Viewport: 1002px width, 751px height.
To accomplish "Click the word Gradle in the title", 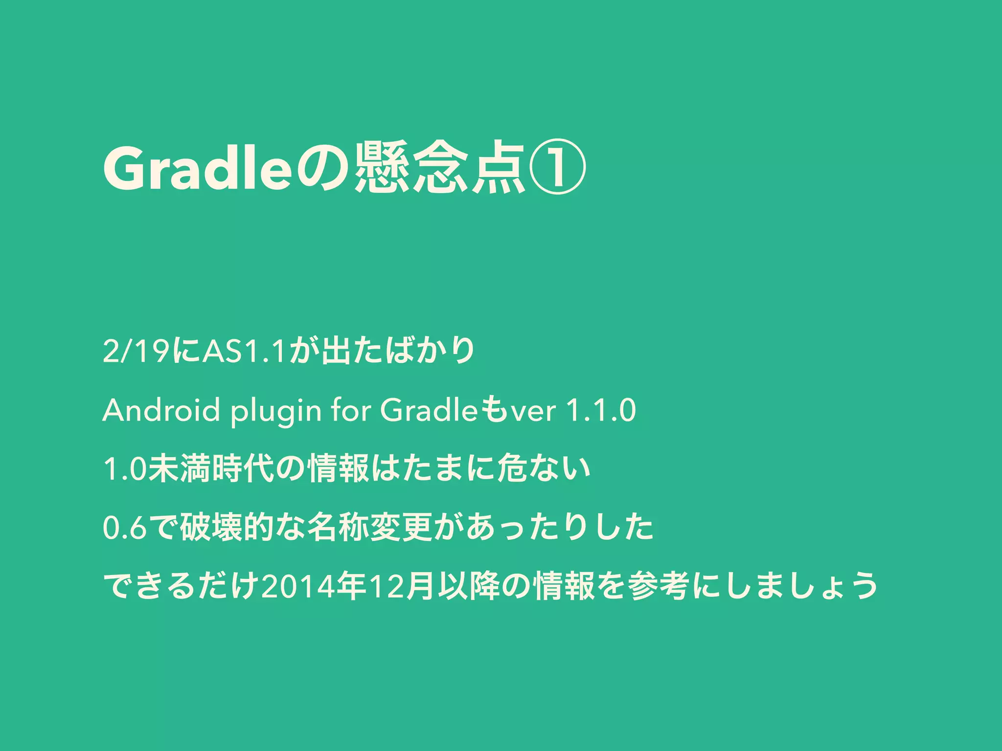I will click(197, 169).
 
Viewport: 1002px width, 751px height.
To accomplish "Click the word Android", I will click(161, 410).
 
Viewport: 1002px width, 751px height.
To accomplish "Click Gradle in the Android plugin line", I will click(429, 410).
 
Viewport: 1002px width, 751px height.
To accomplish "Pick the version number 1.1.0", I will click(600, 410).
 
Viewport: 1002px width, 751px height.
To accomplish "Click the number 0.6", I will click(125, 528).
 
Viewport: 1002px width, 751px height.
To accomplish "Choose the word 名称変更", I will click(370, 528).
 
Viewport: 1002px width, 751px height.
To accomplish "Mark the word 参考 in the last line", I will click(660, 586).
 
